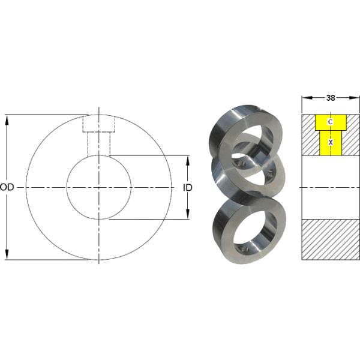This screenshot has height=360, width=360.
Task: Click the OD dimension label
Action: [x=7, y=187]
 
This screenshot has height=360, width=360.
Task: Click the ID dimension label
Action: [x=187, y=187]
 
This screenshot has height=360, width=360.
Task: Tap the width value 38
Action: [x=330, y=97]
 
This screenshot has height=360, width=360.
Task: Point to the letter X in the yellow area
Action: [x=330, y=142]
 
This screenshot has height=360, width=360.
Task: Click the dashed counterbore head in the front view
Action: [x=98, y=124]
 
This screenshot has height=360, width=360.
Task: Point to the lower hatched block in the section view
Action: [x=330, y=239]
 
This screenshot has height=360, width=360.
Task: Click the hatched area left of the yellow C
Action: [x=308, y=134]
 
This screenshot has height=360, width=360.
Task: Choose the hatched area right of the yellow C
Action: [x=352, y=134]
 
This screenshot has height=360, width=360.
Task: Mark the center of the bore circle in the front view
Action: [x=98, y=187]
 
